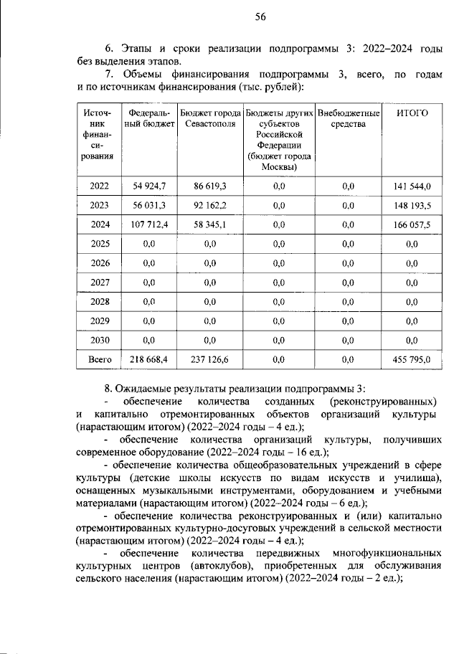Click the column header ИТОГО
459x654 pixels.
[412, 113]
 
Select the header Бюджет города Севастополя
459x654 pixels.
[209, 118]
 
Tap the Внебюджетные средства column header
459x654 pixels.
[348, 118]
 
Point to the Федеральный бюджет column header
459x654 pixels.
[149, 118]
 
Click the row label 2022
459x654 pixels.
[100, 186]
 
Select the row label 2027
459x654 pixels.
[100, 283]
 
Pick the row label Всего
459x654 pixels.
[100, 360]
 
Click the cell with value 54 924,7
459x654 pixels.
[149, 186]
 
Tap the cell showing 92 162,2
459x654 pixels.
[209, 205]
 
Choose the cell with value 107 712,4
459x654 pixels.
[149, 224]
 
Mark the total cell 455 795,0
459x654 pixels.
[412, 360]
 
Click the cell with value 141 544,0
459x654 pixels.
[412, 186]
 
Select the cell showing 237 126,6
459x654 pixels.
[209, 360]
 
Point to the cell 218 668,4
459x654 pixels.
[149, 360]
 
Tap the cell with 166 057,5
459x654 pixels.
[412, 224]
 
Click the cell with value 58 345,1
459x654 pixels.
[209, 224]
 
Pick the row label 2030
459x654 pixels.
[100, 341]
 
